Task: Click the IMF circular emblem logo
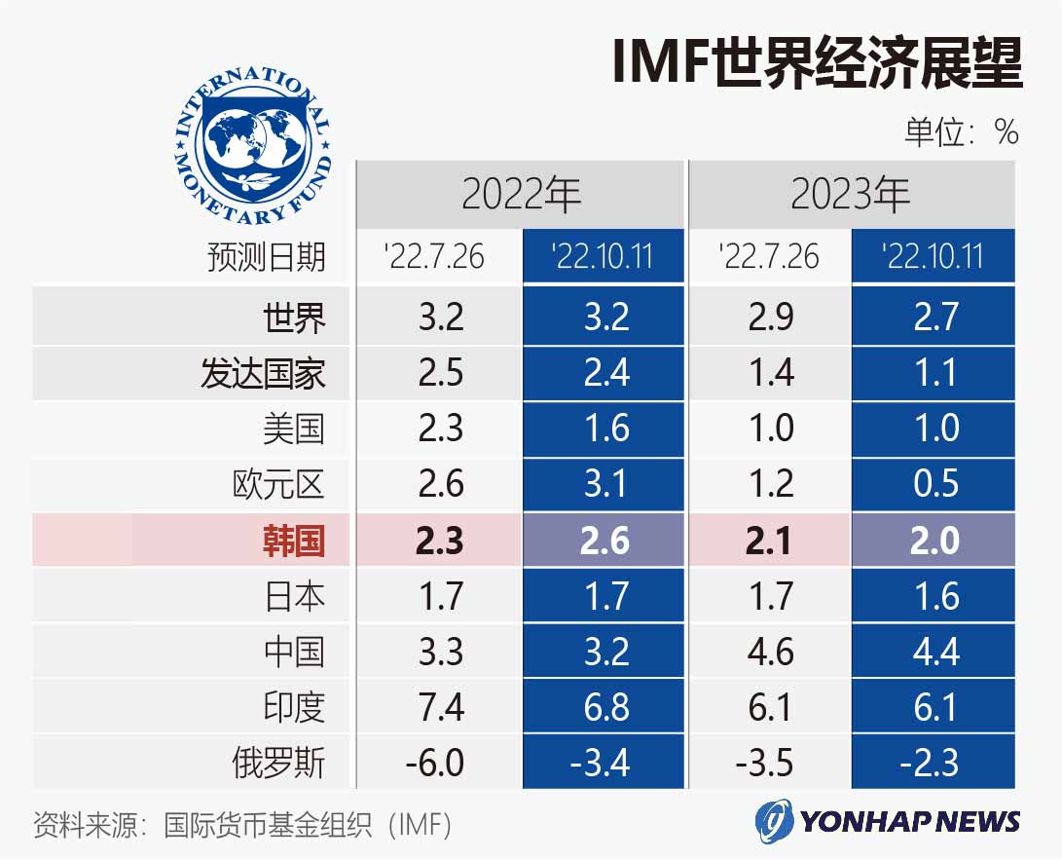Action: (253, 143)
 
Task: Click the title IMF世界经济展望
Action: (817, 65)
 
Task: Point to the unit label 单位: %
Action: (961, 131)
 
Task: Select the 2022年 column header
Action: (521, 195)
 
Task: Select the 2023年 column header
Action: (851, 195)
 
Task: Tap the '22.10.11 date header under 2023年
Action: (933, 257)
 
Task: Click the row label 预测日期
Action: (266, 257)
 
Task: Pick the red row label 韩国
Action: (293, 541)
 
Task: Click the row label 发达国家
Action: (263, 373)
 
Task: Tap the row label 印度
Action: (293, 707)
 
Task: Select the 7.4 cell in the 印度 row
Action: (440, 707)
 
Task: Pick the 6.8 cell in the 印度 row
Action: (604, 707)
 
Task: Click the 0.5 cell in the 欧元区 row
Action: (934, 484)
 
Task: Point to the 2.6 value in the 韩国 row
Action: (604, 541)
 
